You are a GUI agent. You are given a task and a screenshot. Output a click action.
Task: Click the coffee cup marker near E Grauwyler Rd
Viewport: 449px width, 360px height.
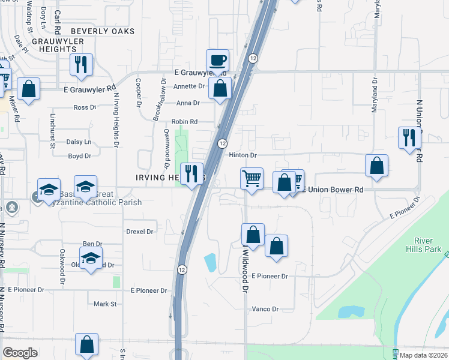pos(217,61)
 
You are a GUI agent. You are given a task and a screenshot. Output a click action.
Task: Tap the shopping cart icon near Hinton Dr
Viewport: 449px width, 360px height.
pos(252,178)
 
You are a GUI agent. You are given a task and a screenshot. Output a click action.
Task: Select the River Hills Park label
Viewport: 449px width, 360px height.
pos(423,245)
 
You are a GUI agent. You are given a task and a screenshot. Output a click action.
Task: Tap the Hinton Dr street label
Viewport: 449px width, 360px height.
pos(243,155)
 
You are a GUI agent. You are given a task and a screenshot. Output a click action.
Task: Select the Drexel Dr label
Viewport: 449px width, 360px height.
pos(140,231)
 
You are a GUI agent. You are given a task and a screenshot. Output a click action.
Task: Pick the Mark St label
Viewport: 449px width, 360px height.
pos(105,304)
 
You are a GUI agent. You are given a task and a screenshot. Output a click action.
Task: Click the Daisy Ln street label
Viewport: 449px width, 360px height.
pos(79,142)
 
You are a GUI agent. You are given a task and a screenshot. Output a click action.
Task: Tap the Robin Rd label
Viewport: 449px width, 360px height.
pos(184,122)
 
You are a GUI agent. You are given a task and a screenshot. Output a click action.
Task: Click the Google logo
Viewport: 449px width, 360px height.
pos(20,353)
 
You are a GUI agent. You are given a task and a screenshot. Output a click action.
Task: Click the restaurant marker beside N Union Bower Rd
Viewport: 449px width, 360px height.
pos(408,137)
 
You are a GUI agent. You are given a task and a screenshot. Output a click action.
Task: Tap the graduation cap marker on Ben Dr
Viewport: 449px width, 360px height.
pos(91,259)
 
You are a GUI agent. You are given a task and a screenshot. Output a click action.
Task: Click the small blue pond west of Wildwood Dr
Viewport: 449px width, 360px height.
pos(210,262)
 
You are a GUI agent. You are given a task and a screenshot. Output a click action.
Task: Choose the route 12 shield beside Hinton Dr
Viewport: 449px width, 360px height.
pos(222,143)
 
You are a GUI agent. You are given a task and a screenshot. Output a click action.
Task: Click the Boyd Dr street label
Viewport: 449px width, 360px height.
pos(79,156)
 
